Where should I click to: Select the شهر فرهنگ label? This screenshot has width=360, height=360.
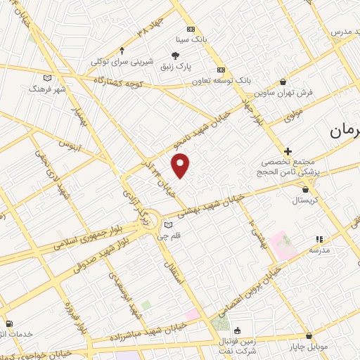[x=47, y=89]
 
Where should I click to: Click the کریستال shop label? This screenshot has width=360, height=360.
[x=305, y=200]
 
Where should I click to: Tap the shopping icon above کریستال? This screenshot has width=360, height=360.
[x=304, y=188]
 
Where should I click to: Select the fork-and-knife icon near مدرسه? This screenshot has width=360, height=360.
[x=318, y=239]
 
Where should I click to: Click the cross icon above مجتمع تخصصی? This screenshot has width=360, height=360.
[x=288, y=150]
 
